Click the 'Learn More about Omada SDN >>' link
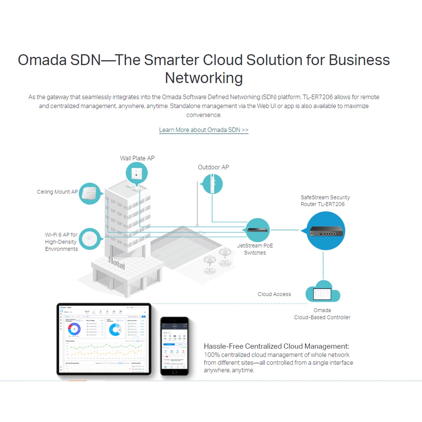coord(204,130)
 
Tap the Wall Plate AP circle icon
coord(136,173)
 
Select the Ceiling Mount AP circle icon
coord(89,194)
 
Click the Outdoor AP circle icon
coord(212,184)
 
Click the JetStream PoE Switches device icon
coord(258,230)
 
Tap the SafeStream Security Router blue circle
coord(326,231)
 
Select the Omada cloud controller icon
coord(323,293)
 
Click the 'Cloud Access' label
coord(274,294)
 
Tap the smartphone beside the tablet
coord(174,346)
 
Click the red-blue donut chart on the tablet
coord(75,329)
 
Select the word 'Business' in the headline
coord(359,60)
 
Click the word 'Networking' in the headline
coord(204,77)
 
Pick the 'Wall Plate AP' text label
coord(137,158)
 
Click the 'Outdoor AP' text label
coord(213,167)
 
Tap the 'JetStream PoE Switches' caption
coord(255,249)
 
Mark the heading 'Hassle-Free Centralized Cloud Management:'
coord(277,346)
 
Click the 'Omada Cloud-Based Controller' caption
coord(322,314)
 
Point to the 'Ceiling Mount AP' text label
coord(57,192)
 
